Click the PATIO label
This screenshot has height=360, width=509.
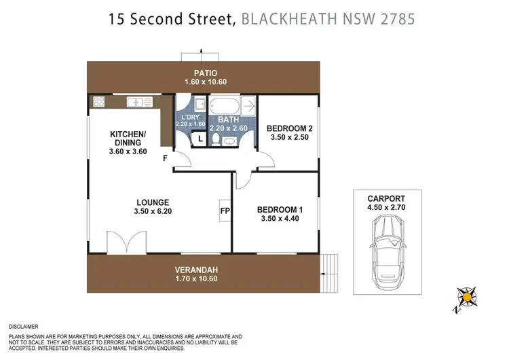click(203, 73)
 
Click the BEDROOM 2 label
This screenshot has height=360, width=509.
click(288, 128)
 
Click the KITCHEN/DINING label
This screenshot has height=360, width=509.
click(128, 139)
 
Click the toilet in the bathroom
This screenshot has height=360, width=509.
click(216, 139)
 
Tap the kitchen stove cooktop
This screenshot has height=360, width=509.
click(98, 103)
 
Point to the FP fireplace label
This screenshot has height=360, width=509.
click(225, 211)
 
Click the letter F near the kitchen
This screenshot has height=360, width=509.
click(165, 158)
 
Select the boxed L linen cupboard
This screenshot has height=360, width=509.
click(200, 139)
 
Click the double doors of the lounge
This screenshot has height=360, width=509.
click(127, 243)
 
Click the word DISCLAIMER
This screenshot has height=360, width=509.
click(23, 326)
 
